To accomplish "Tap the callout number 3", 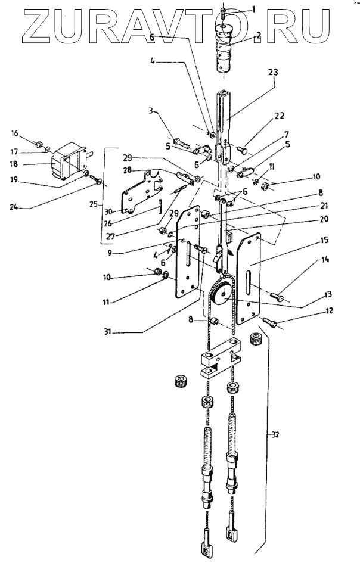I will (x=152, y=111).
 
